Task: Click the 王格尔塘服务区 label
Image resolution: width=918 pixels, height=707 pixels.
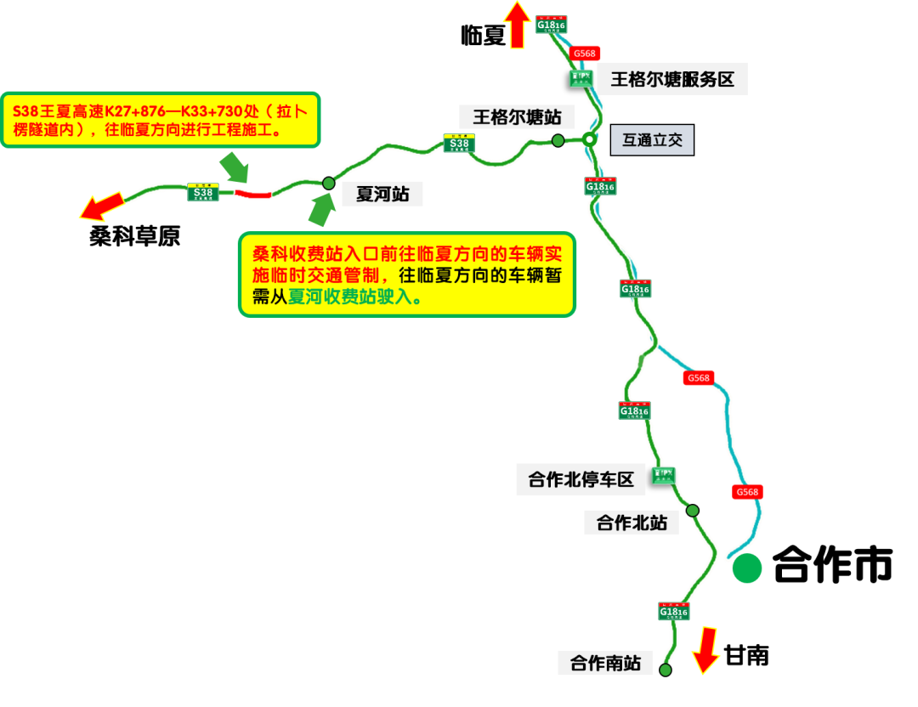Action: tap(672, 80)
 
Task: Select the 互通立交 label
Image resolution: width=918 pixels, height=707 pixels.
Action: tap(652, 140)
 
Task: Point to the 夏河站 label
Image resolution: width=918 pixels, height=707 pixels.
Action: tap(382, 195)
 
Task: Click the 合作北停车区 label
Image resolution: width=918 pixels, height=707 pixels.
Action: tap(581, 479)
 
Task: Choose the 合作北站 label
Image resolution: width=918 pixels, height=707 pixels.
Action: tap(631, 522)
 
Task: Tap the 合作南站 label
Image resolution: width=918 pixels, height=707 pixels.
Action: tap(604, 663)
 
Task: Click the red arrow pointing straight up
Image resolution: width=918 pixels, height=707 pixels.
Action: tap(517, 25)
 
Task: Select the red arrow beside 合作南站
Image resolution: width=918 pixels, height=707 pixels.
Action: tap(705, 650)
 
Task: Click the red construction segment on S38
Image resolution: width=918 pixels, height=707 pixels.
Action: tap(252, 195)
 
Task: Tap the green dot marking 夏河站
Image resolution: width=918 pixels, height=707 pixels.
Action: tap(328, 183)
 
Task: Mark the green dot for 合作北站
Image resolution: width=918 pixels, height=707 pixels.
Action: tap(693, 511)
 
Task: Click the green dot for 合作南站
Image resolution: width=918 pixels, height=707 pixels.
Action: tap(665, 670)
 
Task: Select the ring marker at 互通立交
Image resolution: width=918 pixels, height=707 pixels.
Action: tap(588, 139)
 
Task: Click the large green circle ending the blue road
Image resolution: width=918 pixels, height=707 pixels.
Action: tap(747, 568)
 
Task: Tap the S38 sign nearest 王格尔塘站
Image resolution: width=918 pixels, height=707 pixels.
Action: tap(459, 144)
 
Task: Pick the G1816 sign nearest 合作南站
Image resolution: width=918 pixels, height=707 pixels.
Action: tap(673, 611)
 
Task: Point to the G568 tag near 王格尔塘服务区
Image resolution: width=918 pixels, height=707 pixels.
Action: tap(585, 54)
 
